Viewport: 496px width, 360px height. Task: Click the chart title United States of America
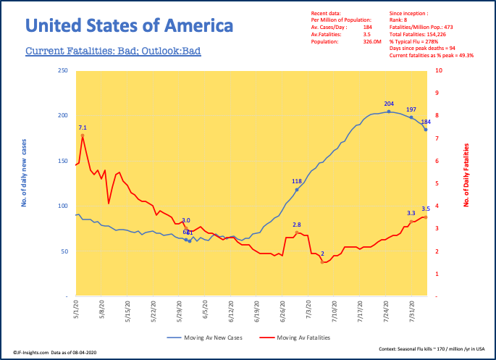click(130, 26)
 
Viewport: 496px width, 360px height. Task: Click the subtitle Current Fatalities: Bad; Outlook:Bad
click(113, 51)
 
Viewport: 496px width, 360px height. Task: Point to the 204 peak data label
click(389, 104)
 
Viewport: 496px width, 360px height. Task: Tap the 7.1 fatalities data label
click(83, 127)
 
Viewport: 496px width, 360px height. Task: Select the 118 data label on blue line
click(296, 181)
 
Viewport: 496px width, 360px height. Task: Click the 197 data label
click(411, 109)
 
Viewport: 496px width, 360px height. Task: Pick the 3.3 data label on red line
click(411, 213)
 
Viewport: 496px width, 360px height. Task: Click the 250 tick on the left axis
click(62, 71)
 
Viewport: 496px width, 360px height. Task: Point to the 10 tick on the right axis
click(438, 71)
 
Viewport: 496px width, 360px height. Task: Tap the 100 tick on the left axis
click(62, 206)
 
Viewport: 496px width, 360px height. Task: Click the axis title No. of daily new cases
click(24, 184)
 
